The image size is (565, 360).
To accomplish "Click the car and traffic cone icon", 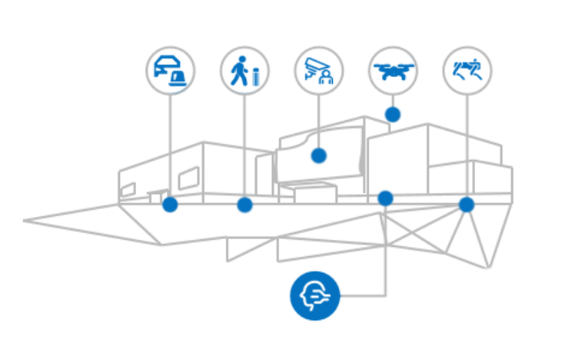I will (x=170, y=70).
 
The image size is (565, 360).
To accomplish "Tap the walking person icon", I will (x=245, y=70).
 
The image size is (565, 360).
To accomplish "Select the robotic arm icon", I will (x=319, y=70).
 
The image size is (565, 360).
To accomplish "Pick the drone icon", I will (x=393, y=70).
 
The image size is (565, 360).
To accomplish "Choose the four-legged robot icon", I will (x=466, y=70).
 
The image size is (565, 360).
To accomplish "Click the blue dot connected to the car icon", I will (x=170, y=206).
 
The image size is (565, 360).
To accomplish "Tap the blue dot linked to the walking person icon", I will (x=245, y=206).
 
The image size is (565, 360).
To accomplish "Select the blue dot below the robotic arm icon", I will (x=319, y=156).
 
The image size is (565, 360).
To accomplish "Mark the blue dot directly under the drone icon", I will (x=393, y=114).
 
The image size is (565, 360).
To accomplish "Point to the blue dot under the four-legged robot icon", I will (x=466, y=205).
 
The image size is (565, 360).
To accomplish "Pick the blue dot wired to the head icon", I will (x=386, y=196).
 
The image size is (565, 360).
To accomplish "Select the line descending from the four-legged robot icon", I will (x=466, y=141).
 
